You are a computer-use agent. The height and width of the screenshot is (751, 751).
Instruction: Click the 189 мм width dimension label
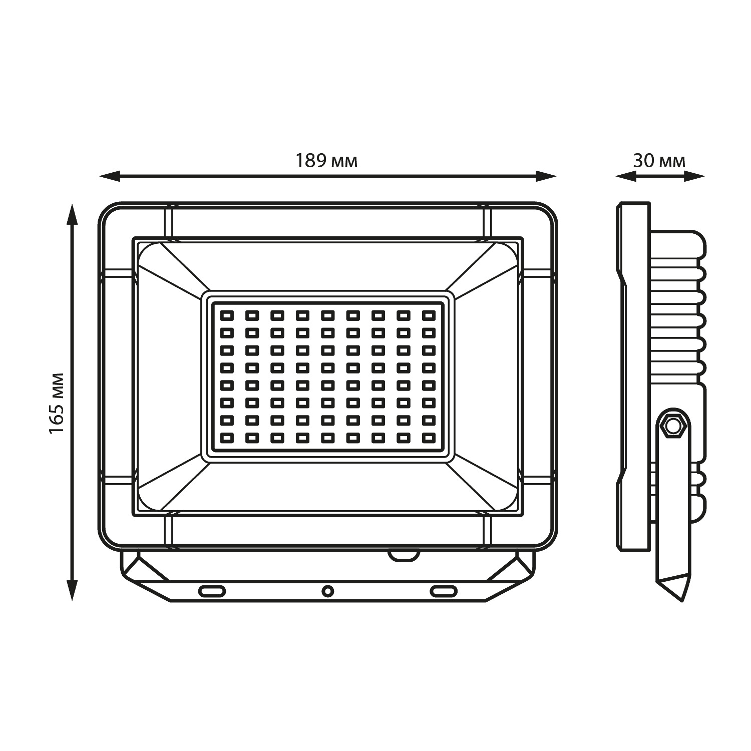click(x=326, y=161)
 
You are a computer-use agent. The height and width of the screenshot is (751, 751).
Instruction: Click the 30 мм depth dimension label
click(x=659, y=161)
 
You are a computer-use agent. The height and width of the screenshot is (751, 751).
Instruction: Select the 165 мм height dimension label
click(x=57, y=403)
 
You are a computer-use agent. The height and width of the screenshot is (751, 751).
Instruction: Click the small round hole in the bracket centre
click(x=327, y=591)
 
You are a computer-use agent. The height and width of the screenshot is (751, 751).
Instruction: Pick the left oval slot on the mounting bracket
click(x=212, y=591)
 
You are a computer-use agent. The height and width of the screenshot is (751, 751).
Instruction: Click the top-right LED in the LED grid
click(x=429, y=315)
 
